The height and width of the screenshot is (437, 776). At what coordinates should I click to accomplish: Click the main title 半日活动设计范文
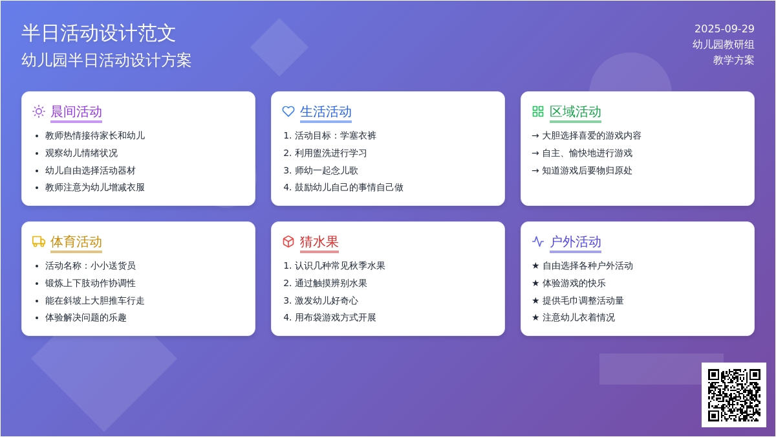pyautogui.click(x=98, y=33)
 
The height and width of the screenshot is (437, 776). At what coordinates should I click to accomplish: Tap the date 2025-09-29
pyautogui.click(x=724, y=28)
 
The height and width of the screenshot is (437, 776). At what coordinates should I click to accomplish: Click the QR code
pyautogui.click(x=734, y=395)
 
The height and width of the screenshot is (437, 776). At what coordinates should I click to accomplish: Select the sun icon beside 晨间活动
pyautogui.click(x=38, y=111)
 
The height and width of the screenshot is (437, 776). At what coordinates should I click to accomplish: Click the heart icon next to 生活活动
pyautogui.click(x=288, y=111)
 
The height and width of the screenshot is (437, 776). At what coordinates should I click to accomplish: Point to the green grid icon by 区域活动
pyautogui.click(x=537, y=111)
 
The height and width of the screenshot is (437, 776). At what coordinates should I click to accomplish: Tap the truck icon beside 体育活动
pyautogui.click(x=38, y=241)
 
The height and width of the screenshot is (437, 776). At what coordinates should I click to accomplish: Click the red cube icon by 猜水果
pyautogui.click(x=288, y=241)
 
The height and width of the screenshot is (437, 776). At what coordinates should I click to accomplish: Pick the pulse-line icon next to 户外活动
pyautogui.click(x=537, y=241)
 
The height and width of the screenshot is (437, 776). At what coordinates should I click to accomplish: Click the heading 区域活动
pyautogui.click(x=575, y=111)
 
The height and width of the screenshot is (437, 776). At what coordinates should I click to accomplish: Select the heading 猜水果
pyautogui.click(x=319, y=241)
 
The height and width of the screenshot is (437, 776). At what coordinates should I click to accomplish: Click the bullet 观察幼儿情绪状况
pyautogui.click(x=81, y=153)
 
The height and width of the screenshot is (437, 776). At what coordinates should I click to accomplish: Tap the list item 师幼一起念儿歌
pyautogui.click(x=327, y=170)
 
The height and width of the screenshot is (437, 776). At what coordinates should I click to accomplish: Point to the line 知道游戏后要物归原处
pyautogui.click(x=587, y=170)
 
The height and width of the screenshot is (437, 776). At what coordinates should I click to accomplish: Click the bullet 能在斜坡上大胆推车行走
pyautogui.click(x=94, y=300)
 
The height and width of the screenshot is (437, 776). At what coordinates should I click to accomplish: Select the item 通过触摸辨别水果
pyautogui.click(x=331, y=283)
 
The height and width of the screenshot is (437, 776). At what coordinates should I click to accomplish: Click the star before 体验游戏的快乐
pyautogui.click(x=535, y=283)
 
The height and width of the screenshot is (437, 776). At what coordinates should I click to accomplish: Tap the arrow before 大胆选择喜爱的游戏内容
pyautogui.click(x=535, y=135)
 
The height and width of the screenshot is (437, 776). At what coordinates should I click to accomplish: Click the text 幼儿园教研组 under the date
pyautogui.click(x=724, y=45)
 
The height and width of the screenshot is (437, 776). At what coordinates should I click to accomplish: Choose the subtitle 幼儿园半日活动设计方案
pyautogui.click(x=106, y=60)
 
